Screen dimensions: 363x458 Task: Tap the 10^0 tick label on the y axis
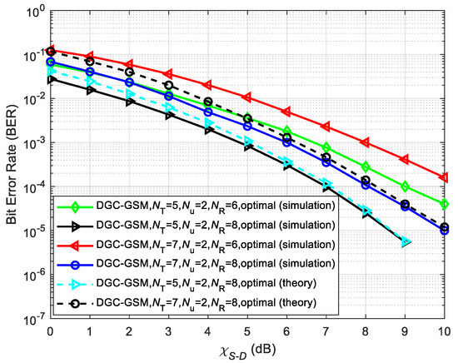point(31,12)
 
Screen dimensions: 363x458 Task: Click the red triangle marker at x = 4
point(208,85)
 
